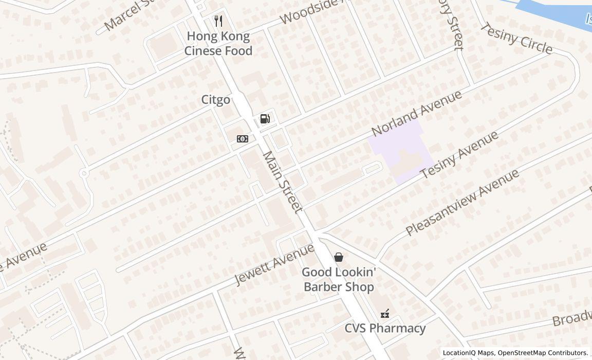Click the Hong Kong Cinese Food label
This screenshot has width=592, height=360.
(218, 43)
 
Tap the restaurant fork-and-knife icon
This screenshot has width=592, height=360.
(218, 21)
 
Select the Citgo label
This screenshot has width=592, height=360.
(215, 100)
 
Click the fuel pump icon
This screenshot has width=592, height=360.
(265, 119)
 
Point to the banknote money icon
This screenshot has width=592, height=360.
(243, 139)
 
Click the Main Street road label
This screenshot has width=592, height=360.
(282, 182)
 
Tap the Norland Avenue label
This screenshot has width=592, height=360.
(417, 114)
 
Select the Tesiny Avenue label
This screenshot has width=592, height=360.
(459, 155)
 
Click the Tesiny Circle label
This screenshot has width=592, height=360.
(516, 38)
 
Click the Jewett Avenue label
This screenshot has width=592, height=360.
(274, 265)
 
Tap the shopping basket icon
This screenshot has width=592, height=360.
(339, 257)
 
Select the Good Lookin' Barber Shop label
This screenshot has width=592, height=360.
(339, 279)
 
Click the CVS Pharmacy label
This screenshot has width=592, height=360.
(385, 328)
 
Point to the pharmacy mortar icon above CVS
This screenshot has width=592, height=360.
(384, 313)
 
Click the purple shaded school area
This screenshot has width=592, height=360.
(398, 149)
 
